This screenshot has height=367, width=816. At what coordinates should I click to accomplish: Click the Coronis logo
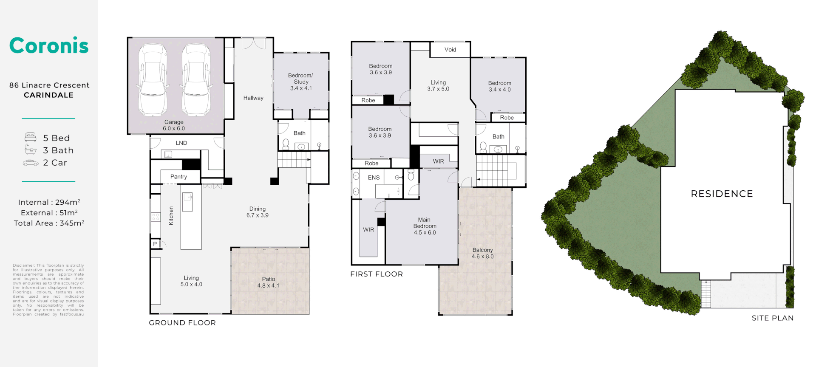(x=49, y=45)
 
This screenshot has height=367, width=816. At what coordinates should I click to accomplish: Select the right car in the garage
(x=196, y=80)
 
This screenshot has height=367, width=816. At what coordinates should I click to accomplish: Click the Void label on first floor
(x=450, y=50)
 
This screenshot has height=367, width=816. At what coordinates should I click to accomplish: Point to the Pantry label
(x=178, y=177)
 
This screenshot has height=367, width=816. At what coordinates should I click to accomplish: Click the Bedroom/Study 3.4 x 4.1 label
(x=301, y=82)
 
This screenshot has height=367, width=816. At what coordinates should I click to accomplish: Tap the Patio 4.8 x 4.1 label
(x=268, y=282)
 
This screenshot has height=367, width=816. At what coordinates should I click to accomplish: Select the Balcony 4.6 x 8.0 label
(x=482, y=253)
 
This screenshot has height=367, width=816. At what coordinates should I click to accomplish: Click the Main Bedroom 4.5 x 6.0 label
(x=425, y=226)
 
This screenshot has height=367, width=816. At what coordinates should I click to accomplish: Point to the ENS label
(x=374, y=178)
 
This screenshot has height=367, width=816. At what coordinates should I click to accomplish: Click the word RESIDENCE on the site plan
(x=722, y=194)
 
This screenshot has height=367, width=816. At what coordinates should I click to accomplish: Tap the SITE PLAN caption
(x=772, y=318)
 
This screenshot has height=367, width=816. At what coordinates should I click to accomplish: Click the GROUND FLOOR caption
(x=182, y=323)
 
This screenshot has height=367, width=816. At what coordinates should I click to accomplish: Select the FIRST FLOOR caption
(x=376, y=274)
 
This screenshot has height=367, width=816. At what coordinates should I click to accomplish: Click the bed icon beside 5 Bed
(x=31, y=137)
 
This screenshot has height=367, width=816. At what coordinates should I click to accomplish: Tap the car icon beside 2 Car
(x=31, y=163)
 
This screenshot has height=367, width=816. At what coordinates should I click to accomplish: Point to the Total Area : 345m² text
(x=49, y=223)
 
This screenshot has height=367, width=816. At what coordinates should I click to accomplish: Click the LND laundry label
(x=181, y=143)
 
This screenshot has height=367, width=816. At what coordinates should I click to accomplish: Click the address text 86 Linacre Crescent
(x=49, y=85)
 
